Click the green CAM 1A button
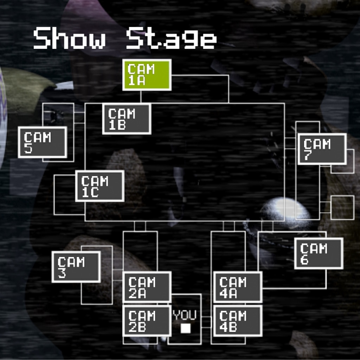147,75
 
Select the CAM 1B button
127,119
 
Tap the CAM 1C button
100,186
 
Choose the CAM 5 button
43,142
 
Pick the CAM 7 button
322,149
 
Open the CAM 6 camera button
319,253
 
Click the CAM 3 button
76,266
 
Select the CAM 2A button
147,287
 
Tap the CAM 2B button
147,321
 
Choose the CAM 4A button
238,287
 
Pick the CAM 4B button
238,321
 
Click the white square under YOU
185,328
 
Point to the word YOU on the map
185,315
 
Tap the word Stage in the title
171,39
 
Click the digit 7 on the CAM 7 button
308,155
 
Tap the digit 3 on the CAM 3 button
62,273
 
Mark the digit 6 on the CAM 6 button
304,260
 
